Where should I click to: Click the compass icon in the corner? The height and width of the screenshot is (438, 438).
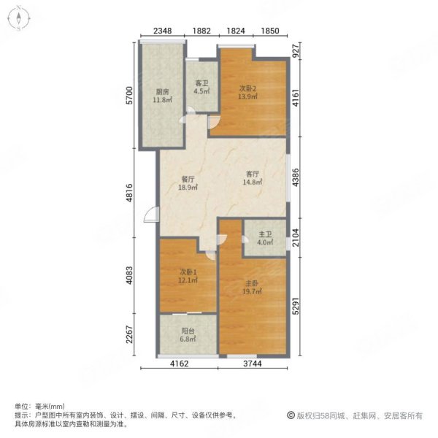point(19,18)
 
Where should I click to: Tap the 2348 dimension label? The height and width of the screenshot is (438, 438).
point(163,31)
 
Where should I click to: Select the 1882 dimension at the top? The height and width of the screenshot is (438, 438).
point(201,31)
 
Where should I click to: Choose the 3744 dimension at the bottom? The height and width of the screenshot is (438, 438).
point(253,364)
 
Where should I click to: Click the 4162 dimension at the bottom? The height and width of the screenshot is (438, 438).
point(180,364)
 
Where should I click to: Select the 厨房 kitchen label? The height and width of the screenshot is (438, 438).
point(162,92)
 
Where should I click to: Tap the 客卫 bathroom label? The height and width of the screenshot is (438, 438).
point(201,83)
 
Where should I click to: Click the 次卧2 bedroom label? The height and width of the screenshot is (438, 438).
point(247,88)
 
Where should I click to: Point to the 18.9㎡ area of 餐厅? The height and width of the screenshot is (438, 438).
point(188,187)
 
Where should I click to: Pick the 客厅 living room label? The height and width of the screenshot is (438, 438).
point(253,174)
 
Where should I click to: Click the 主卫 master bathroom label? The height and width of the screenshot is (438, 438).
point(265,234)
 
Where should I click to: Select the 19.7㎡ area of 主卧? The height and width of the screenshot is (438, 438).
point(253,291)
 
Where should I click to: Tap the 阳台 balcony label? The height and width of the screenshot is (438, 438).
point(188,331)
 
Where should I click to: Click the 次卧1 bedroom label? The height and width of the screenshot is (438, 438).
point(188,272)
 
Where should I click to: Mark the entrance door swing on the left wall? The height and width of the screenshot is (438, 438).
point(151,215)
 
